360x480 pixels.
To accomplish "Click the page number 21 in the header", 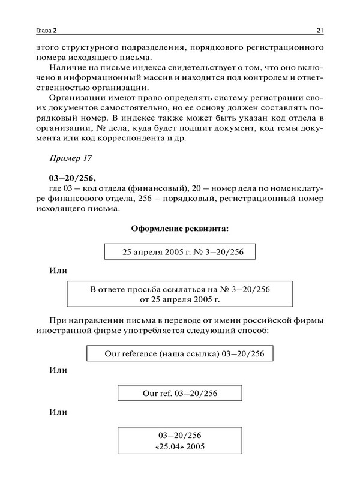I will coord(320,30).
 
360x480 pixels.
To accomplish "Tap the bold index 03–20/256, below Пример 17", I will coord(73,179).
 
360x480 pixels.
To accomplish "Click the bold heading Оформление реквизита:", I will coord(179,229).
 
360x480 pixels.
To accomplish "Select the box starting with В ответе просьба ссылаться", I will coord(180,294).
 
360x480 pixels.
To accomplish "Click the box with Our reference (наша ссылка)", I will coord(179,355).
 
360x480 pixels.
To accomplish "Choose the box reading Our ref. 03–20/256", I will coord(180,394).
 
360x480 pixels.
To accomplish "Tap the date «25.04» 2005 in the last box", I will coord(180,446).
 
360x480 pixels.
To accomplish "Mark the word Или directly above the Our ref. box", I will coord(58,372).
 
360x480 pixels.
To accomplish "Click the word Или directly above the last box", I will coord(58,413).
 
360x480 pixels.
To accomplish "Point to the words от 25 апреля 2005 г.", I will coord(180,299).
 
